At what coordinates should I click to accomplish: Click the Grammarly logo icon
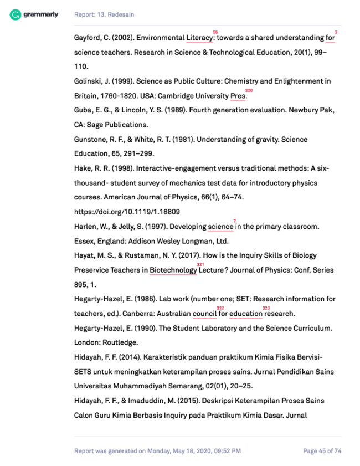[x=15, y=14]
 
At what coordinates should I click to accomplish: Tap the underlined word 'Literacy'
[x=199, y=38]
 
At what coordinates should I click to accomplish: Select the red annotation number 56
[x=215, y=32]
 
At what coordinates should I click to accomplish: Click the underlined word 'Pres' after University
[x=238, y=96]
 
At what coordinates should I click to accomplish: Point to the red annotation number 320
[x=249, y=90]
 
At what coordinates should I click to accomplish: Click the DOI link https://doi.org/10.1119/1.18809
[x=127, y=212]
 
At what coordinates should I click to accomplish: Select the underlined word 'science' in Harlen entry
[x=220, y=227]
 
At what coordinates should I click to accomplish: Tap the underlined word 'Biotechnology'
[x=173, y=270]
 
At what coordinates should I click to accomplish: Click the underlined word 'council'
[x=204, y=314]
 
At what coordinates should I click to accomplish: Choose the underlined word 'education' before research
[x=245, y=314]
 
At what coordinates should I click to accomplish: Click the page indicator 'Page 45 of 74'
[x=322, y=451]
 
